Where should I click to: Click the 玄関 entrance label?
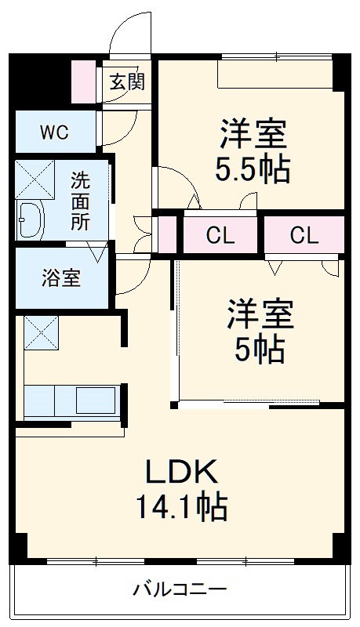[x=127, y=82]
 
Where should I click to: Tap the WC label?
[x=54, y=132]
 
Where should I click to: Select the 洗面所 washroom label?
[x=81, y=201]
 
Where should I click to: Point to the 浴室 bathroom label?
[x=61, y=278]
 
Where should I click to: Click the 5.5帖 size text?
[x=253, y=170]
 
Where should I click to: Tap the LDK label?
[x=182, y=473]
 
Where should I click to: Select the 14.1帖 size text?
[x=182, y=506]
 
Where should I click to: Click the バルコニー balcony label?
[x=180, y=589]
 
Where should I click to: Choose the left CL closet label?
[x=220, y=236]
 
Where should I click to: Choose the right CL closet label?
[x=304, y=236]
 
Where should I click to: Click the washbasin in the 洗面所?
[x=30, y=220]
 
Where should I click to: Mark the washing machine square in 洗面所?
[x=35, y=179]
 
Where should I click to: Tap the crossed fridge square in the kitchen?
[x=42, y=332]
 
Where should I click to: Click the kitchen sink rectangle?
[x=96, y=400]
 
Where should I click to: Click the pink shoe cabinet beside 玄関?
[x=84, y=82]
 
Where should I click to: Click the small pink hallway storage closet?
[x=168, y=234]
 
